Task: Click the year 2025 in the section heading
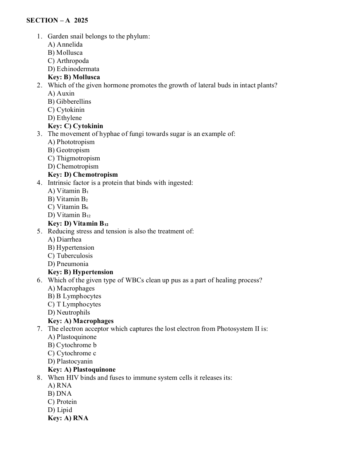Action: [81, 21]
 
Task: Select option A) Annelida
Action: [65, 45]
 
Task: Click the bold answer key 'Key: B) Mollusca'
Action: [74, 77]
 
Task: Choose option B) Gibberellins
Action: [69, 102]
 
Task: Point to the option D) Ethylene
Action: [65, 118]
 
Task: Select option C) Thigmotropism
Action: [74, 158]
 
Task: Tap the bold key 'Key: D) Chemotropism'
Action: [83, 175]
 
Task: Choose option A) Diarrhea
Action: [64, 240]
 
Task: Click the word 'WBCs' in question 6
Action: [135, 280]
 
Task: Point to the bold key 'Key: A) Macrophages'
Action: [81, 321]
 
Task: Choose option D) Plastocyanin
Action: [70, 362]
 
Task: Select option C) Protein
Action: [62, 402]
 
